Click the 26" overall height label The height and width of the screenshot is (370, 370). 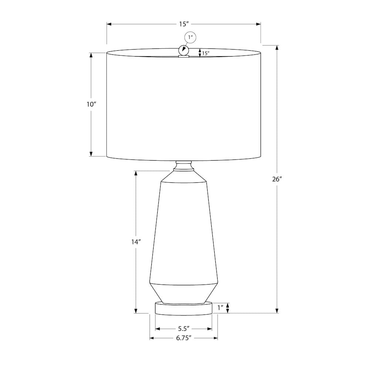point(277,179)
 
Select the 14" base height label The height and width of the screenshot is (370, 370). point(136,242)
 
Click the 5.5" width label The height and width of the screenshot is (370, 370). point(184,329)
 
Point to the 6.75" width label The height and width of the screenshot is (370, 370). point(184,338)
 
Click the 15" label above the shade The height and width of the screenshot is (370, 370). point(184,24)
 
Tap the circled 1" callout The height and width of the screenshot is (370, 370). point(190,37)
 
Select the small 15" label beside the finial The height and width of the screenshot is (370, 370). point(206,53)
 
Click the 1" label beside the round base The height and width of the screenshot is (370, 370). point(221,308)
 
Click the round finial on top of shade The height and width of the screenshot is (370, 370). point(184,50)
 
